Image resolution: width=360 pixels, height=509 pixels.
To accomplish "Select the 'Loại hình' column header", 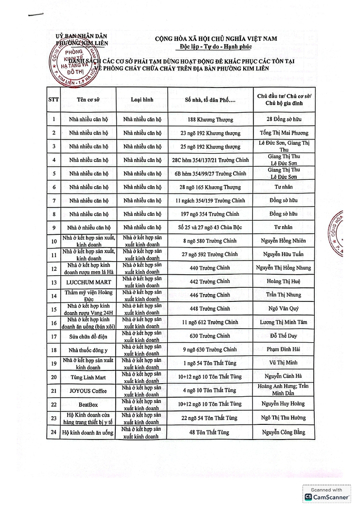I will point(142,100).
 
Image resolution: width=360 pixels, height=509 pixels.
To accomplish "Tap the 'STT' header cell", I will point(53,100).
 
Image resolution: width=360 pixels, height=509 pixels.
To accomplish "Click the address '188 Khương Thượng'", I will point(211,120).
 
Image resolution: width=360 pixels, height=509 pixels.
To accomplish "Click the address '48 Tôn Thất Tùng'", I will point(211,431).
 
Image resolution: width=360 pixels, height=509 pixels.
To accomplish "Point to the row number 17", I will point(53,336).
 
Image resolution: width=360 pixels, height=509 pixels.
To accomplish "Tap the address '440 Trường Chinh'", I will point(211,268).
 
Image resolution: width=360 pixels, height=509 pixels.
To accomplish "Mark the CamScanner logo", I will point(327,497).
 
